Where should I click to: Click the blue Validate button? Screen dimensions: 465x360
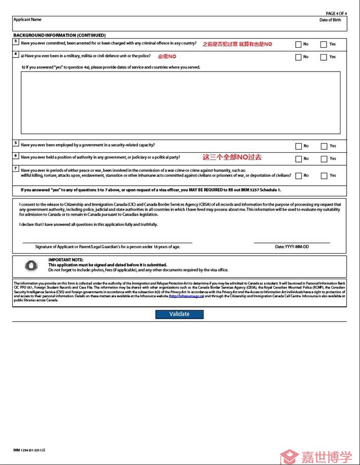pos(179,314)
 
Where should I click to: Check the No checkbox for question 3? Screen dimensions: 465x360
pos(298,45)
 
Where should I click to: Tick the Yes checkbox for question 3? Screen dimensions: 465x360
pos(323,45)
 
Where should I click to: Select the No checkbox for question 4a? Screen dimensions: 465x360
pos(298,57)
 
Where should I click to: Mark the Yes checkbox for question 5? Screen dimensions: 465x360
pos(323,146)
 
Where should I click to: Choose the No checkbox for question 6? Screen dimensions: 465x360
pos(298,158)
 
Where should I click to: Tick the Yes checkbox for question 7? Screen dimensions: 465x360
pos(323,176)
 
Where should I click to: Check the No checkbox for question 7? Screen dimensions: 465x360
pos(298,176)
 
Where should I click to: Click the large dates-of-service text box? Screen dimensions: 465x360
pos(180,103)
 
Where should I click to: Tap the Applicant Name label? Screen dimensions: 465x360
pos(27,20)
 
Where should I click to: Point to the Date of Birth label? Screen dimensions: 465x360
pos(330,20)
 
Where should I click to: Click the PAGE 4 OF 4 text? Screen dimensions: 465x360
pos(336,13)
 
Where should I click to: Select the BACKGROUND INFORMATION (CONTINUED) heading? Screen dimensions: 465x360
pos(59,35)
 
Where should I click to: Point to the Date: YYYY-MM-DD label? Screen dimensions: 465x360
pos(292,247)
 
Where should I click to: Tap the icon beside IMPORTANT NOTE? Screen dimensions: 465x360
pos(31,265)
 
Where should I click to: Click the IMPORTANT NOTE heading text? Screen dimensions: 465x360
pos(65,260)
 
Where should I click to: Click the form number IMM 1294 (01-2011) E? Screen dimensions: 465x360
pos(29,450)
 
